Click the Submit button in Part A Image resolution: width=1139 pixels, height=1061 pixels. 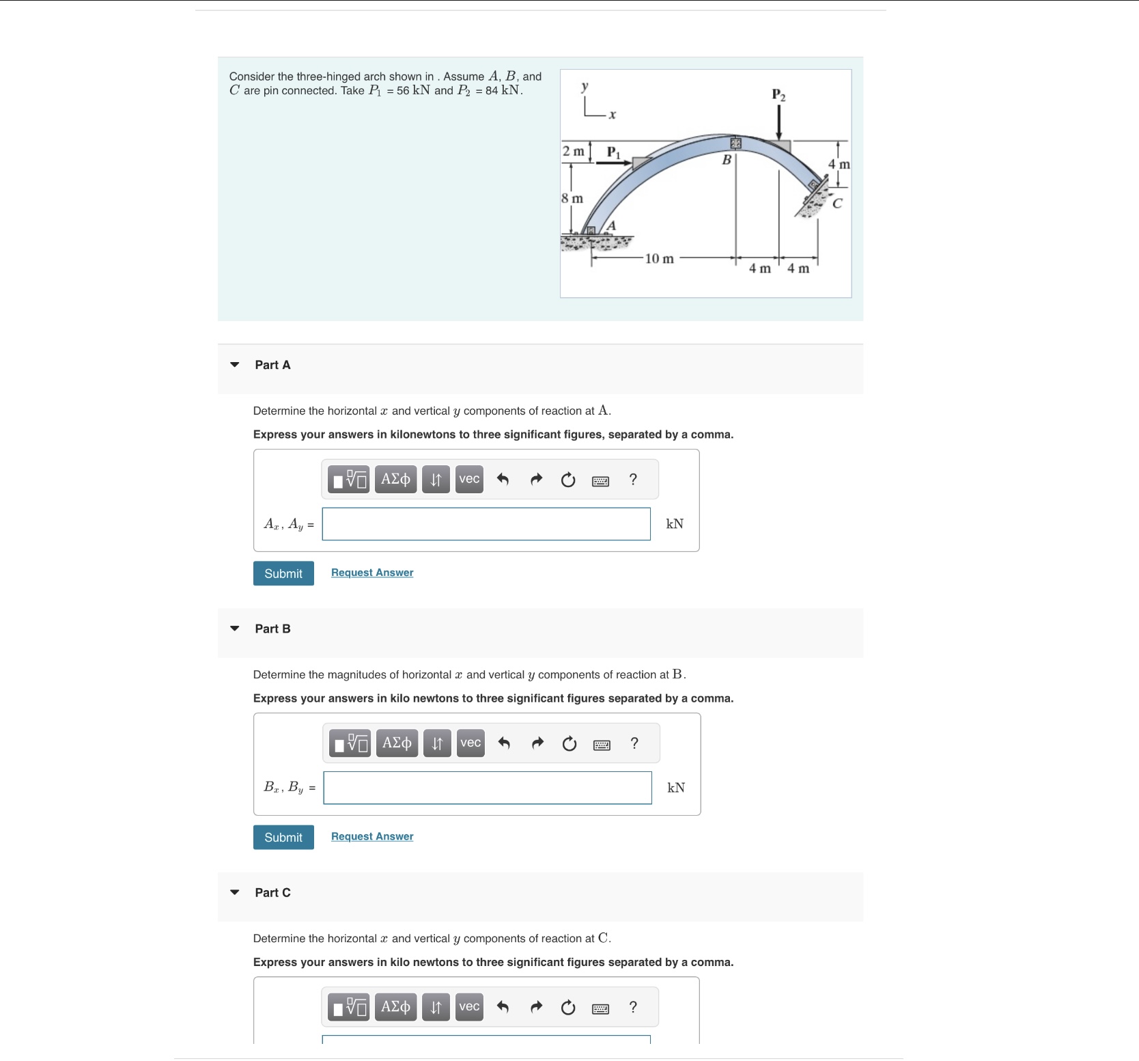pos(283,573)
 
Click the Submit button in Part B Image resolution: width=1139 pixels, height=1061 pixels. pos(283,837)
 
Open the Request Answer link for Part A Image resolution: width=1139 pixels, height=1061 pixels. pos(372,573)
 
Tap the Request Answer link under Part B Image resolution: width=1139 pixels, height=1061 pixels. pos(372,836)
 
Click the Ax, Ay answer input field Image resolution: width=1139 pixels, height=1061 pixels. pos(486,524)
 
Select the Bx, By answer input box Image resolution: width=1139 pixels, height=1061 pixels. pos(488,788)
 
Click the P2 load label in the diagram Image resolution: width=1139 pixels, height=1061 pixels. pos(778,95)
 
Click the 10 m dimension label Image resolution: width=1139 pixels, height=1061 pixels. pos(659,259)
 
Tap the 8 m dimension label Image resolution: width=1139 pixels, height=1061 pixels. pos(572,199)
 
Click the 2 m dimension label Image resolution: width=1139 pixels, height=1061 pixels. pos(574,151)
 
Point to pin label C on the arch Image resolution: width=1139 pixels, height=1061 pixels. pos(837,204)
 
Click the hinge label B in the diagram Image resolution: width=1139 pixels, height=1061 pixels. pos(727,160)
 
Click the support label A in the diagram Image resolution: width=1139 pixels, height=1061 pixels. pos(611,225)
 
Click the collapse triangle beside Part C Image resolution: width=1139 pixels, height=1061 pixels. pos(235,892)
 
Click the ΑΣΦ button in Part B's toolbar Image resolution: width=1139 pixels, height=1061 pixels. pos(397,743)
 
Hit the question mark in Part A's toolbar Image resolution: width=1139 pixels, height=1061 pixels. pos(633,480)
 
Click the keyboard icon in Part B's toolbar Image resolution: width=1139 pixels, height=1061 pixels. pos(602,745)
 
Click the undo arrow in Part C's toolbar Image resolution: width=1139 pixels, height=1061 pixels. pos(503,1007)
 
